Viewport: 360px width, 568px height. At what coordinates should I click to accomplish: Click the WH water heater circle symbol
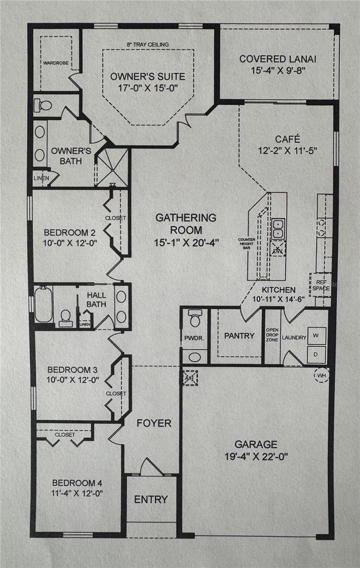(322, 375)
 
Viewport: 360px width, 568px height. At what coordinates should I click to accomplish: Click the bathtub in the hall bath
(43, 304)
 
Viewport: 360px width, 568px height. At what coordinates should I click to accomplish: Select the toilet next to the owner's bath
(44, 106)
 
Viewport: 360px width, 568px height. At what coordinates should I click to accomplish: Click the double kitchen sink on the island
(278, 229)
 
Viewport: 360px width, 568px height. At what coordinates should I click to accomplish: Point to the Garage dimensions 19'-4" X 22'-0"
(257, 457)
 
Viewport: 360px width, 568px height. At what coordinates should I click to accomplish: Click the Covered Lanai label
(277, 59)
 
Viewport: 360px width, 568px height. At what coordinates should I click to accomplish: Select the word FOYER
(154, 423)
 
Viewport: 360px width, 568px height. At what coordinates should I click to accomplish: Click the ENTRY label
(151, 499)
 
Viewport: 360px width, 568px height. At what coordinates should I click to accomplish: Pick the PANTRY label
(239, 336)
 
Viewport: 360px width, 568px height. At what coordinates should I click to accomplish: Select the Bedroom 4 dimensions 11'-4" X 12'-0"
(77, 493)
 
